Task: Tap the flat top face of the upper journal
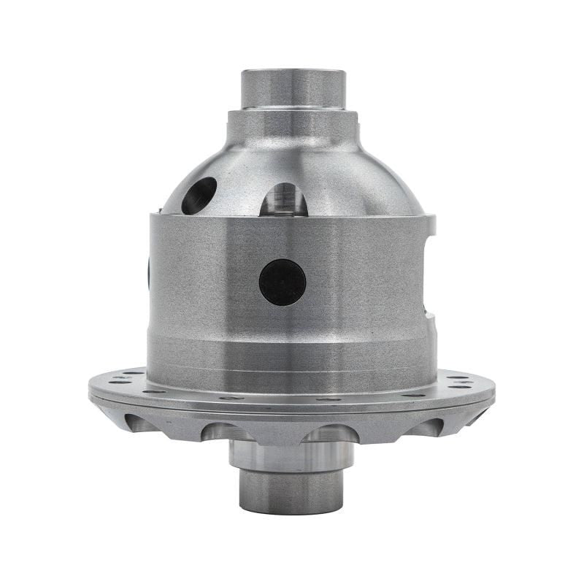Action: [x=293, y=72]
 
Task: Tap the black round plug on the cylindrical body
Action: [x=283, y=283]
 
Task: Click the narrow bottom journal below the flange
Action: [x=291, y=491]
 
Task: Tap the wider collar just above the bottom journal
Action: [x=291, y=456]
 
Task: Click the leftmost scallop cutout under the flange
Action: [x=142, y=422]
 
